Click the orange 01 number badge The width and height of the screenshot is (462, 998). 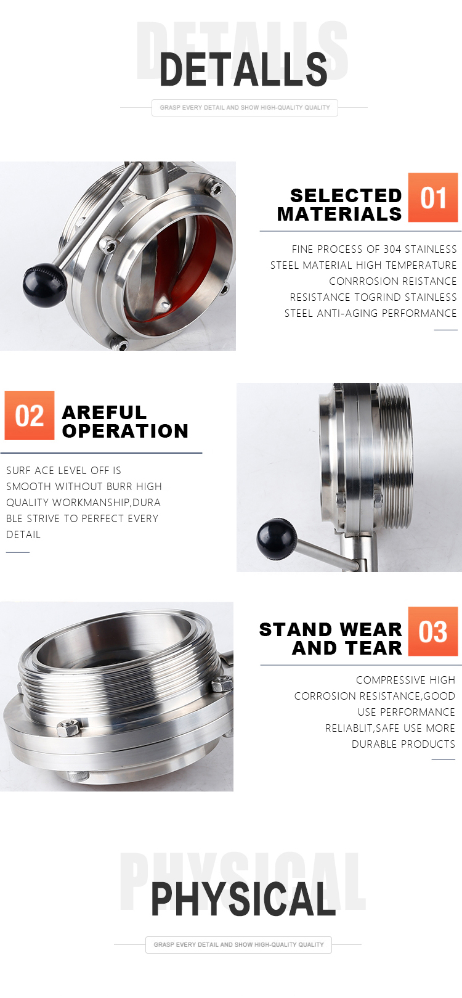pos(432,197)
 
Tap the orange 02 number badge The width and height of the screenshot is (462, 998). pos(30,415)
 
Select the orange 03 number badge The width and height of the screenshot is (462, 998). pos(432,631)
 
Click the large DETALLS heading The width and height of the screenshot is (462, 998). pos(243,69)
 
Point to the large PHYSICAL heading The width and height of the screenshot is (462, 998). pos(243,899)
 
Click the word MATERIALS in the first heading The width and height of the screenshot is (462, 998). pos(339,214)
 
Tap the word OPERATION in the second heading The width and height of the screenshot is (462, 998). pos(125,431)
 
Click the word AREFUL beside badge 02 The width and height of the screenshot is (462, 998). pos(104,412)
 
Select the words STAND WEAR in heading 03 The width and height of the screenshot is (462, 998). pos(330,629)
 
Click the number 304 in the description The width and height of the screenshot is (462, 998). pos(392,249)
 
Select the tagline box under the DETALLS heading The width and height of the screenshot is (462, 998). pos(245,108)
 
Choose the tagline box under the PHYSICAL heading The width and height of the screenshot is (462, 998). pos(238,944)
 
